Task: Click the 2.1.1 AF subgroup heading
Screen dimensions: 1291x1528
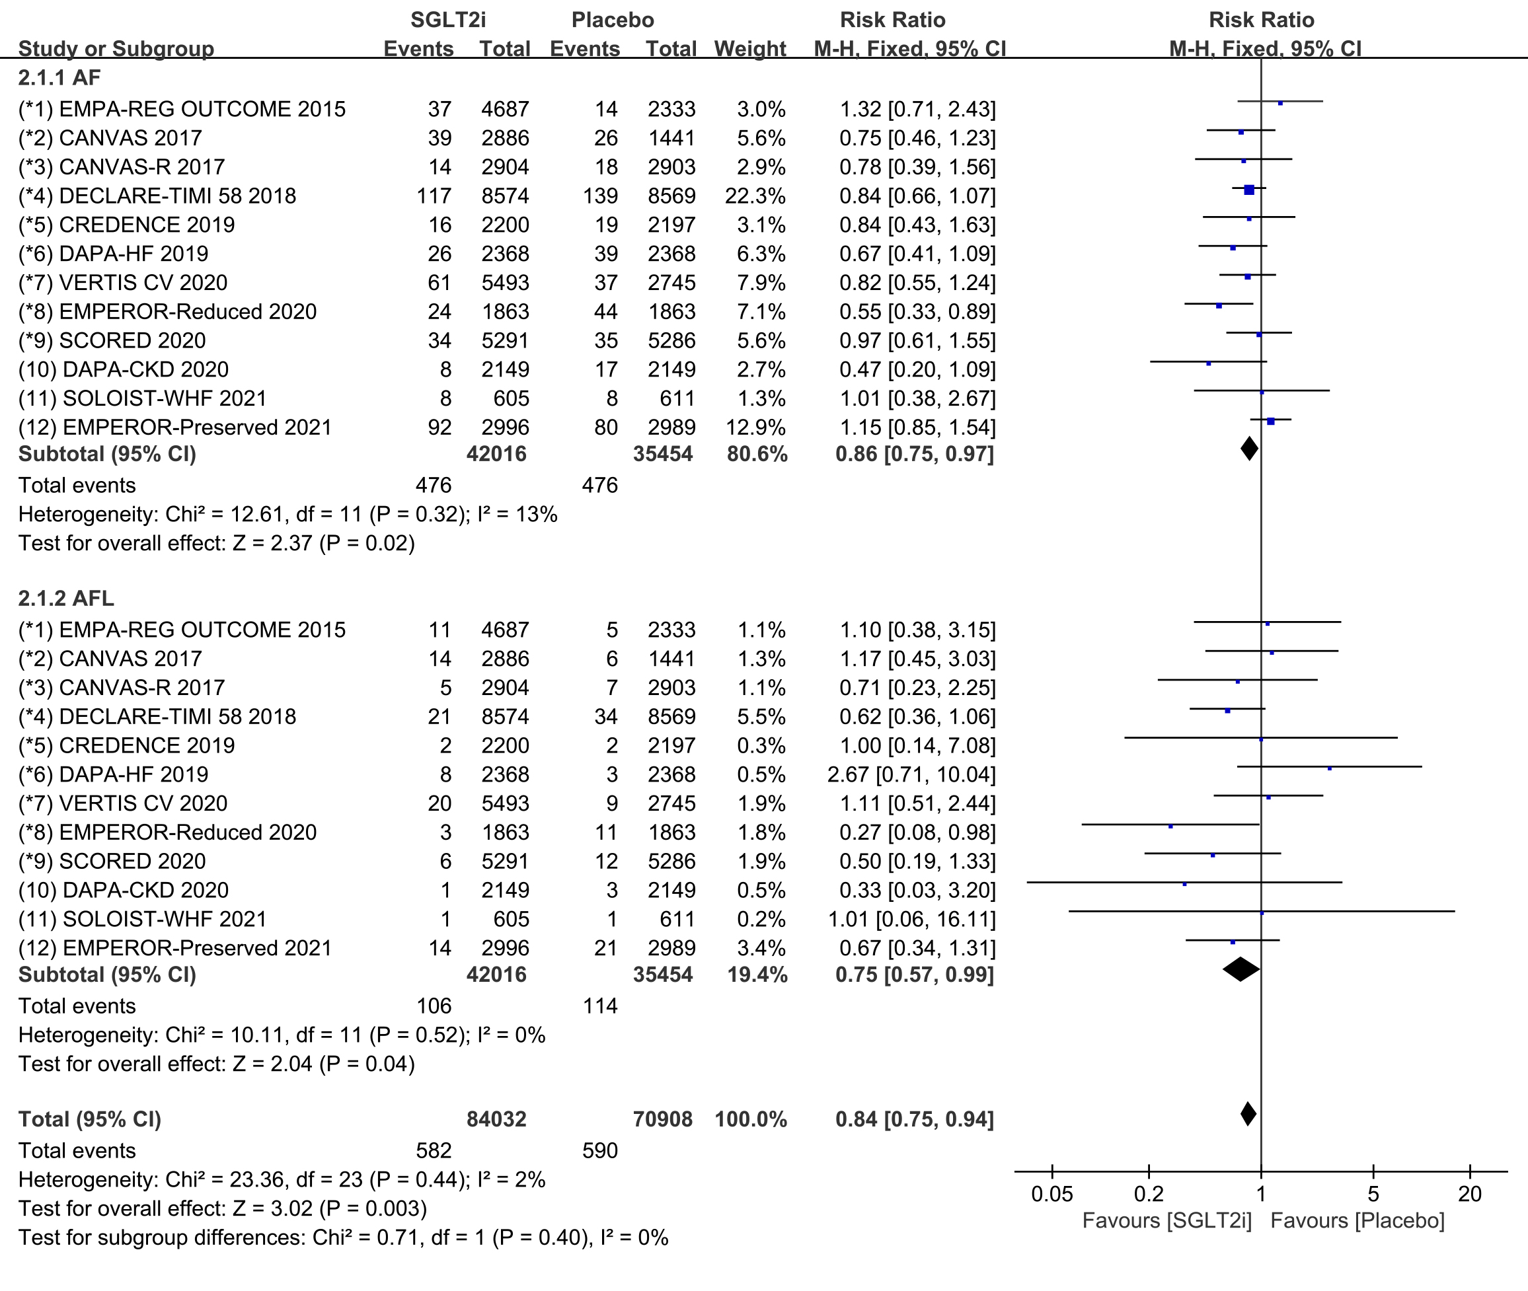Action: (59, 77)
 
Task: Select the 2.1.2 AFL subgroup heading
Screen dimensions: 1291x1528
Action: (66, 598)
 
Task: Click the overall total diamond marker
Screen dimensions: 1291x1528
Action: (1249, 1114)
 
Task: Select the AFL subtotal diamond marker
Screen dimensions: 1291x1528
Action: (1241, 970)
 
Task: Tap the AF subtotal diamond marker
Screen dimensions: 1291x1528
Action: (1250, 449)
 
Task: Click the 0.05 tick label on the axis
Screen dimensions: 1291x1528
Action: (1052, 1195)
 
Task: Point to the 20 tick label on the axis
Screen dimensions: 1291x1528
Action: (1469, 1195)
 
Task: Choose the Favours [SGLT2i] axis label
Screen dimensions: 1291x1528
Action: (1167, 1221)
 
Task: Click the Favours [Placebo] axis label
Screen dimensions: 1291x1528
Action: (1357, 1221)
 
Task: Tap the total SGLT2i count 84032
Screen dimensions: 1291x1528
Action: (496, 1119)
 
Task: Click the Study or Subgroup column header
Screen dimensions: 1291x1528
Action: (116, 49)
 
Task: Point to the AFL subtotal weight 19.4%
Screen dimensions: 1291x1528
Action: (757, 975)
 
